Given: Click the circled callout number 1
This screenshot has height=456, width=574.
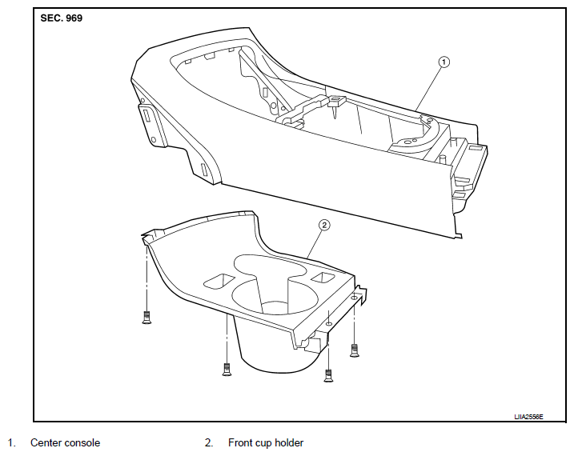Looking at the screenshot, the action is (x=444, y=62).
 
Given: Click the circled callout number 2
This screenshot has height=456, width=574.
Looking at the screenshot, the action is (x=324, y=225).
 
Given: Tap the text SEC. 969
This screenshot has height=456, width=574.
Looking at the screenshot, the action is (x=61, y=18).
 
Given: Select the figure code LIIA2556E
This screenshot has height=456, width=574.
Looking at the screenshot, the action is (x=528, y=417).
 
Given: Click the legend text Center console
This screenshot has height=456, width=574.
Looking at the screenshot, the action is (x=65, y=443).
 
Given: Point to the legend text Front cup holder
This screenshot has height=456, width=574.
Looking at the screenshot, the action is (x=266, y=443).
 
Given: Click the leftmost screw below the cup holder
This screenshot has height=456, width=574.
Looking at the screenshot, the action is (x=147, y=317).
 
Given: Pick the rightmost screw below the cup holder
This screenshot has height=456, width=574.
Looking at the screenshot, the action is (x=355, y=350).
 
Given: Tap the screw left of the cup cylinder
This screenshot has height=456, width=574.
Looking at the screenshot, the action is (x=227, y=369).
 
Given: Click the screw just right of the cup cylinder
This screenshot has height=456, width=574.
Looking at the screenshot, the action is (x=328, y=375).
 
